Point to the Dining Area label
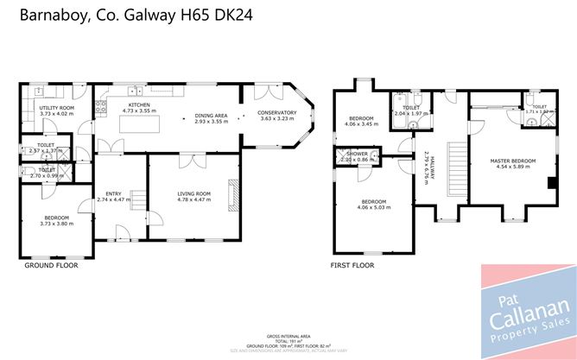coord(210,115)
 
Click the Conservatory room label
coord(278,112)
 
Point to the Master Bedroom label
coord(512,161)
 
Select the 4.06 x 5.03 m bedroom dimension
coord(373,207)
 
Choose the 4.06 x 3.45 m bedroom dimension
coord(361,124)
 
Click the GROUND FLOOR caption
coord(48,266)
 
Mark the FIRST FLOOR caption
coord(352,266)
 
